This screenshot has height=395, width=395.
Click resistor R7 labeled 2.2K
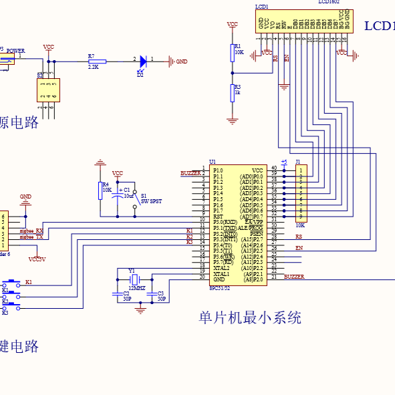pyautogui.click(x=92, y=61)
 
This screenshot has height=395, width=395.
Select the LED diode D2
pyautogui.click(x=142, y=61)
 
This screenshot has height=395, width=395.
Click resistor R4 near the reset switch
pyautogui.click(x=100, y=188)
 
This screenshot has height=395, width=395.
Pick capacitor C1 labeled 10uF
pyautogui.click(x=118, y=196)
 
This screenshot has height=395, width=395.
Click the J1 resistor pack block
pyautogui.click(x=301, y=194)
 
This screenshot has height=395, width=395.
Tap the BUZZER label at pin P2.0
pyautogui.click(x=294, y=276)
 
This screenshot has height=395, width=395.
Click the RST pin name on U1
pyautogui.click(x=218, y=217)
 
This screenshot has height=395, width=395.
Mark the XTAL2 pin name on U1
pyautogui.click(x=221, y=268)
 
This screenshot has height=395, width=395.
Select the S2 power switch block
pyautogui.click(x=48, y=90)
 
